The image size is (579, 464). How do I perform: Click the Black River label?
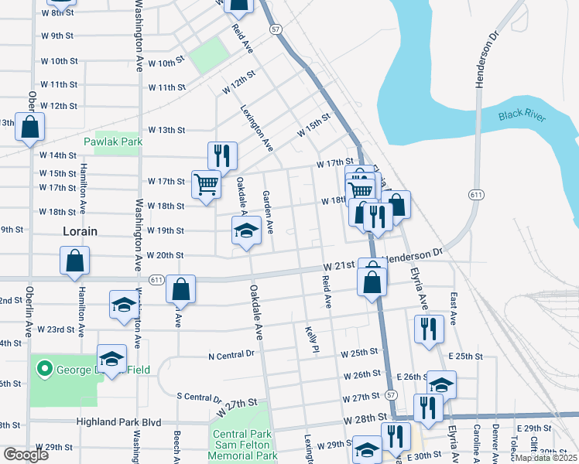coord(522,116)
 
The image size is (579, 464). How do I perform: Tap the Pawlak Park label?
coord(112,142)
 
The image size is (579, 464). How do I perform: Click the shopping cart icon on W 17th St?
coord(205,184)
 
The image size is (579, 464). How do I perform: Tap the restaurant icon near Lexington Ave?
coord(222,155)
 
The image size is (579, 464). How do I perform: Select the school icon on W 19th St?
coord(246,230)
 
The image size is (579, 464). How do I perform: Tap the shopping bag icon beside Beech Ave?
coord(180,290)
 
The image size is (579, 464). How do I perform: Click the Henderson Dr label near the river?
coord(479,62)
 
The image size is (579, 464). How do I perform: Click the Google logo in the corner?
coord(26,455)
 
